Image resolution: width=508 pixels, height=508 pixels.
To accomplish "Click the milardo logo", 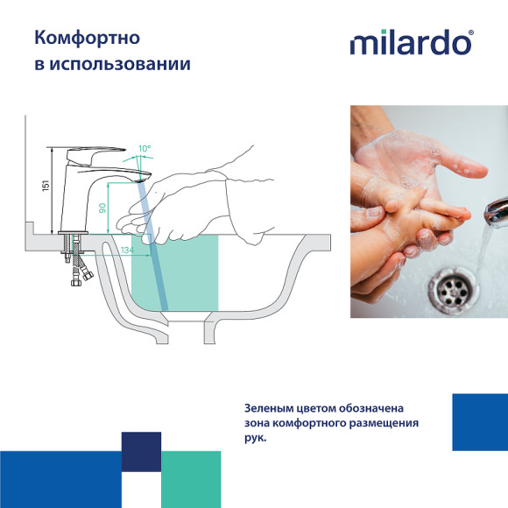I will point(410,43).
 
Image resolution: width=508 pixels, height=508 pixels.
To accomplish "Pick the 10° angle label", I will point(144,149).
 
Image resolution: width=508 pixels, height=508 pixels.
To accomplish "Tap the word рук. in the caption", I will point(256,439).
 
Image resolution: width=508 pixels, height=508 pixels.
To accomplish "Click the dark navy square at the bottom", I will point(141,452).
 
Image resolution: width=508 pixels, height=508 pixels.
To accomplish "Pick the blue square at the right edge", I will point(480,422).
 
